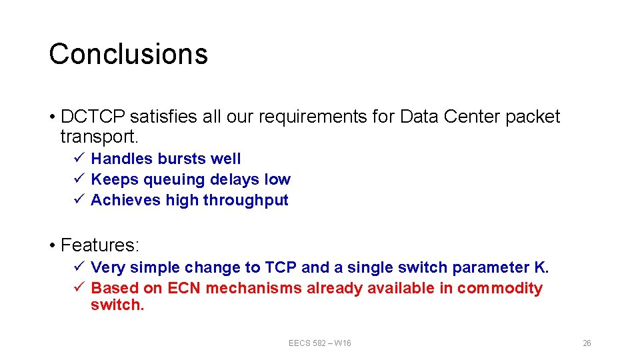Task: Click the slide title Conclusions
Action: pos(128,54)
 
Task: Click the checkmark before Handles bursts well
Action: pos(78,159)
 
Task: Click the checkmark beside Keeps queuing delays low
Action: pos(78,179)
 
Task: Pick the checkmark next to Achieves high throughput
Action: pos(78,200)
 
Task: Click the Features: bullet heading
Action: pos(99,245)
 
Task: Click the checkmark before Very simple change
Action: pos(78,267)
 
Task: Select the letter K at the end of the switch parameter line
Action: pos(541,267)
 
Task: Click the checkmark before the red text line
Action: pos(78,288)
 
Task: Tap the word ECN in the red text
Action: pos(185,288)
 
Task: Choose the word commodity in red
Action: pos(500,288)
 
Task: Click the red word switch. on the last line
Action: pos(117,305)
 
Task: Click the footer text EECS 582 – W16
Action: pos(319,343)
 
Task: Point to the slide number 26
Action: pos(587,343)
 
